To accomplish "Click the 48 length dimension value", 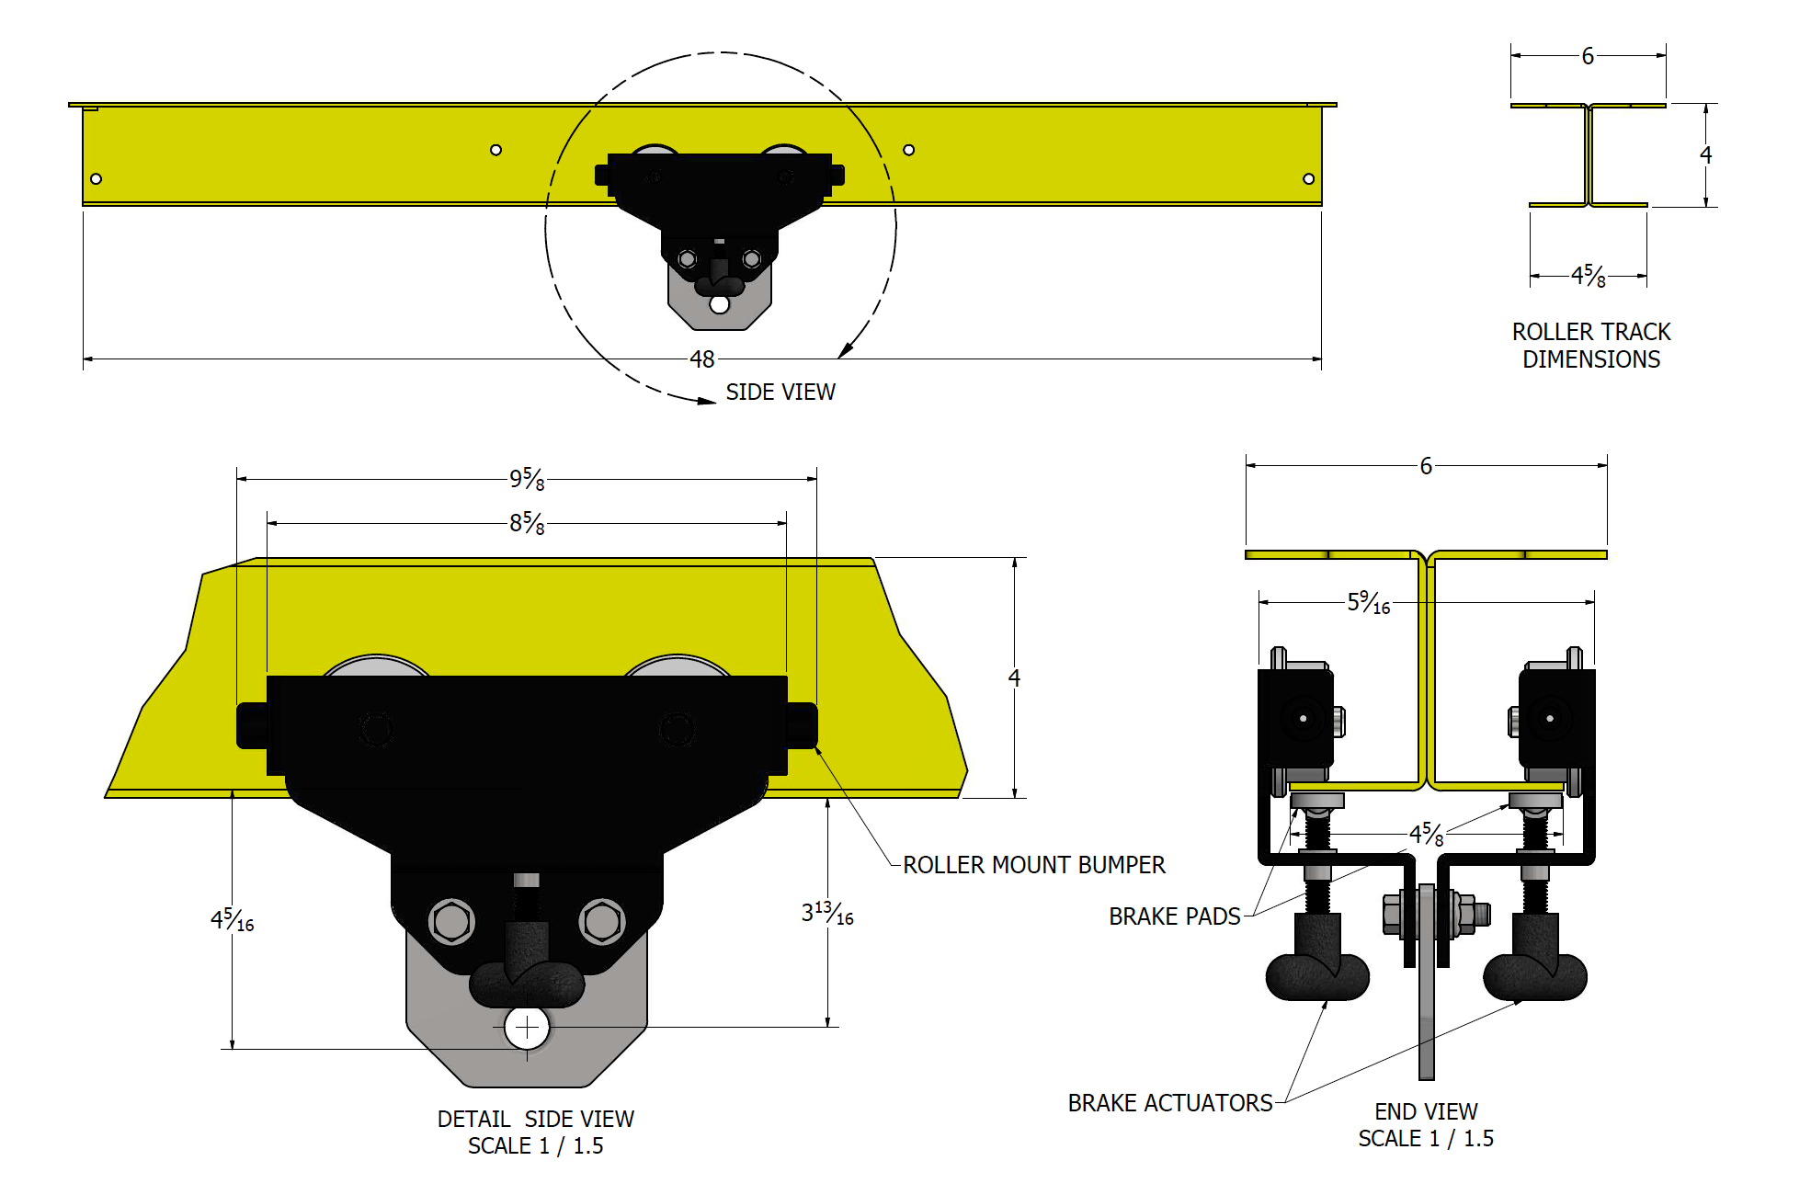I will (701, 359).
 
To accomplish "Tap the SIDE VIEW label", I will (780, 393).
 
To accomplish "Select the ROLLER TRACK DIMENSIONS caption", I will (1590, 346).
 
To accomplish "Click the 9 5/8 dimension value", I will (527, 479).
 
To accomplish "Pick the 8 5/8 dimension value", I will (527, 523).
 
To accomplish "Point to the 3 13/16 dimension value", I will (826, 914).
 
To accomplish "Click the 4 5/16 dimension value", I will (232, 920).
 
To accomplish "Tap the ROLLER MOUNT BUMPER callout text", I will (1033, 865).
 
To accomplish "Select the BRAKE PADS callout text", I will (1174, 916).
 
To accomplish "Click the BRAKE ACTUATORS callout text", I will (1169, 1103).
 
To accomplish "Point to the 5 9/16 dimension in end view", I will (1368, 603).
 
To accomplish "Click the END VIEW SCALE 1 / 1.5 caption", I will (1426, 1125).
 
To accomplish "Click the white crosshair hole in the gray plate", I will (527, 1028).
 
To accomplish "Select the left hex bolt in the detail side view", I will (451, 921).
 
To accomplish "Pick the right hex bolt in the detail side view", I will (602, 921).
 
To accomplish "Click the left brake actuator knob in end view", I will (1317, 976).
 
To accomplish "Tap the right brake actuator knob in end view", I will (1535, 976).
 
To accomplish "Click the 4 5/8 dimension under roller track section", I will (1588, 276).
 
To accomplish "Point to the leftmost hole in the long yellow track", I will (96, 178).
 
